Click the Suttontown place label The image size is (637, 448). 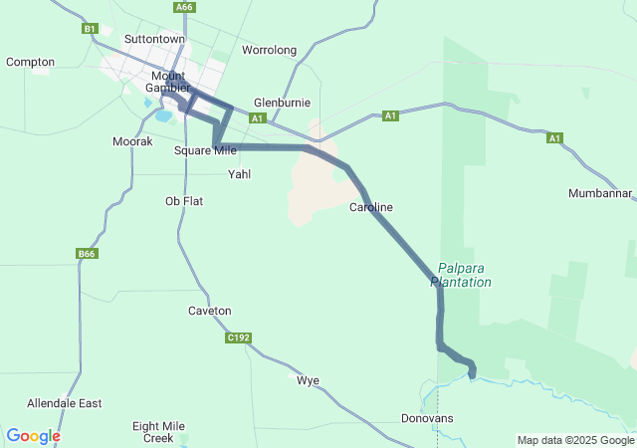(153, 39)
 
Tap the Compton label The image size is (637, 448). (30, 62)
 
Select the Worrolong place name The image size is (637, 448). (270, 49)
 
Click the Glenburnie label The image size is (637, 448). (283, 103)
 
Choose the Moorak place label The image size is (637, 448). (132, 142)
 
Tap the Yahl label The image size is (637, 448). (240, 174)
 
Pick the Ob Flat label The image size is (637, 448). (184, 201)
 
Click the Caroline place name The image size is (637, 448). (371, 207)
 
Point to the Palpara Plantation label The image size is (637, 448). (462, 275)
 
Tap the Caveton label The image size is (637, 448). (209, 311)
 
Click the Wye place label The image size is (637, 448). (308, 380)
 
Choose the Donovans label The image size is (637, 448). (427, 418)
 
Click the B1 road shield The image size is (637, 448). (90, 30)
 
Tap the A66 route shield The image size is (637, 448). (183, 8)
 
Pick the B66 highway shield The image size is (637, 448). (87, 255)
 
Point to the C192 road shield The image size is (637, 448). (238, 338)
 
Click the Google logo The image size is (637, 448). (33, 436)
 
